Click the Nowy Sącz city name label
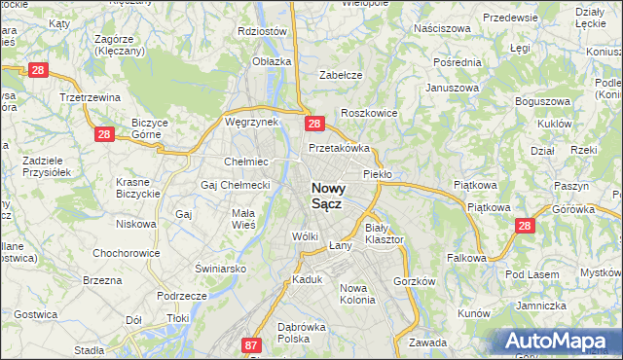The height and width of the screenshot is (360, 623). coord(331,197)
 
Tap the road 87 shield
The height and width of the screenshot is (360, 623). coord(252,344)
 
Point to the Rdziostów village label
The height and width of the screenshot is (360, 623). coord(262,31)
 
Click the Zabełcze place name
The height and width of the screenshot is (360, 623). coord(341,75)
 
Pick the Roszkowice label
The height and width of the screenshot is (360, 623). coord(369,113)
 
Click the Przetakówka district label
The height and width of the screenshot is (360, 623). coord(340,149)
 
